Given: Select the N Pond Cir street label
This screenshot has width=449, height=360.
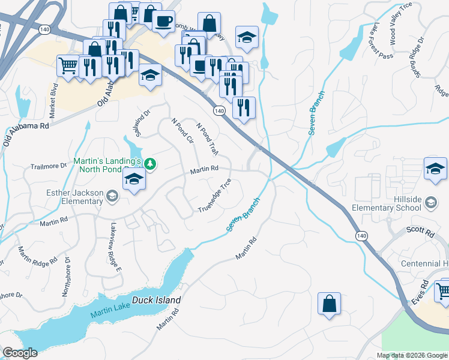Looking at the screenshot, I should [182, 131].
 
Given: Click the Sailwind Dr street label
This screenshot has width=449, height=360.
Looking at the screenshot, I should [137, 122].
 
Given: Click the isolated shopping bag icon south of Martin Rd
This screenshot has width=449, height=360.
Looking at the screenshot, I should [329, 303].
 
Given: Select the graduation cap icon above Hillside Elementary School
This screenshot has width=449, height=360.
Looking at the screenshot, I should [435, 169].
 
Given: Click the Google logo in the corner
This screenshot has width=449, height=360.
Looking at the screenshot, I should [20, 353].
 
